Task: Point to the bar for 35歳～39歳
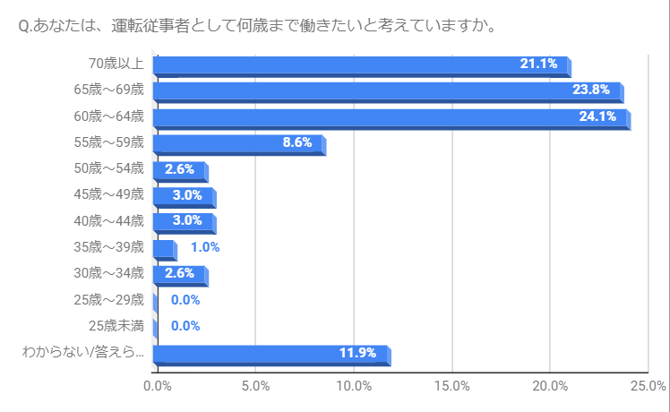(x=164, y=248)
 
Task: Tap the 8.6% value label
(x=297, y=142)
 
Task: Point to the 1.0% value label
(x=205, y=247)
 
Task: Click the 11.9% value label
(x=357, y=352)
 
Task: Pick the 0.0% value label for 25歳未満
(x=185, y=326)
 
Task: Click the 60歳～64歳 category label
(x=109, y=116)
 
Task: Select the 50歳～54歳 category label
(x=109, y=168)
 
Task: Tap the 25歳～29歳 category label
(x=109, y=300)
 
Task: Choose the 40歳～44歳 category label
(x=109, y=221)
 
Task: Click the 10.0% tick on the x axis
(x=355, y=387)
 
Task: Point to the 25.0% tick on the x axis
(x=649, y=387)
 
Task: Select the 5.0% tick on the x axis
(x=256, y=387)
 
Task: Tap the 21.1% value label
(x=539, y=64)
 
